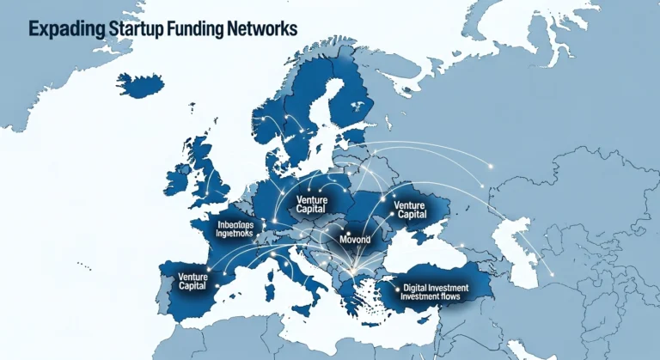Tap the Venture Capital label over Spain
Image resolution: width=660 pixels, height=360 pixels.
[197, 282]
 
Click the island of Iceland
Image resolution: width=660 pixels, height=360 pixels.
[140, 84]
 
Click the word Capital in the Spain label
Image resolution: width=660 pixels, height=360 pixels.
[197, 287]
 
